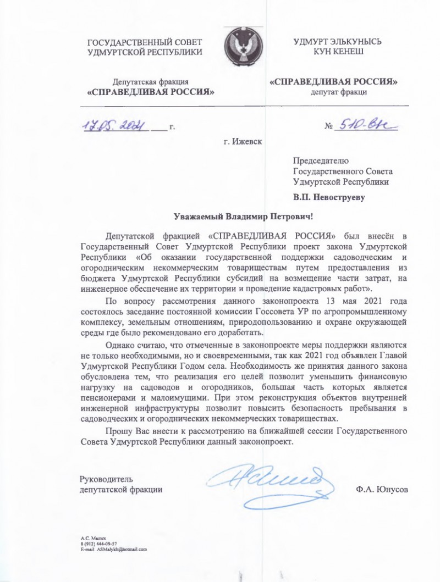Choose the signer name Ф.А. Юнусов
pyautogui.click(x=382, y=489)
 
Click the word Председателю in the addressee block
pyautogui.click(x=321, y=160)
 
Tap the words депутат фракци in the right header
pyautogui.click(x=338, y=92)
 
